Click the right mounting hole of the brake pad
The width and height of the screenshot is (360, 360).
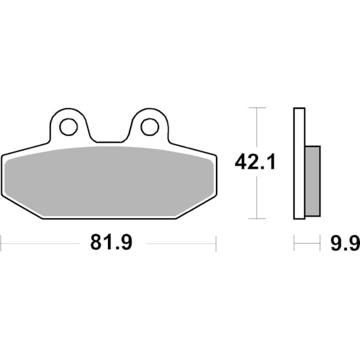(149, 127)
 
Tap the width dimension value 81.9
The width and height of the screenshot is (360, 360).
(111, 243)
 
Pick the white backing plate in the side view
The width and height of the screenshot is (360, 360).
(299, 163)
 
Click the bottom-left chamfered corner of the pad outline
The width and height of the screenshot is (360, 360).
(22, 206)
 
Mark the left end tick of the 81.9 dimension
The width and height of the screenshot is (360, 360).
(2, 243)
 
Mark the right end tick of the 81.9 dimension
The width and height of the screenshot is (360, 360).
(215, 243)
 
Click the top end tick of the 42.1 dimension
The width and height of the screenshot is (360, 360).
(257, 108)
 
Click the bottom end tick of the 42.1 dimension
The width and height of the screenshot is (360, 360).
(257, 218)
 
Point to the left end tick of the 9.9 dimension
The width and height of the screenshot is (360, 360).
(294, 243)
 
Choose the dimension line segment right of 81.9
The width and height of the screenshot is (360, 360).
(180, 243)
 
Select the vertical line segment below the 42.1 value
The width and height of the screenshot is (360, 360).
(257, 198)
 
